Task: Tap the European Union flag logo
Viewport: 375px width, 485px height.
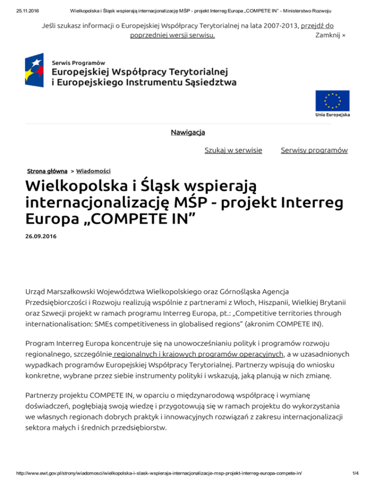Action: point(332,101)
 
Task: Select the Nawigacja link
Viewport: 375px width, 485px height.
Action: point(188,132)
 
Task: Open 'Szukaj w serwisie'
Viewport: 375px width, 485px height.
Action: point(233,150)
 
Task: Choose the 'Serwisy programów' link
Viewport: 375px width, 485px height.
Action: point(314,150)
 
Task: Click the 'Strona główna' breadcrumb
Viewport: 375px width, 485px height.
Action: point(47,171)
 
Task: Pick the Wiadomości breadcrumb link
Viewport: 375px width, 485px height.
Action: point(93,171)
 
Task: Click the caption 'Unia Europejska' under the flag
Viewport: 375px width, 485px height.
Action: point(332,115)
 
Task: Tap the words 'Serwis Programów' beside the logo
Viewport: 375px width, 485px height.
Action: point(79,63)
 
